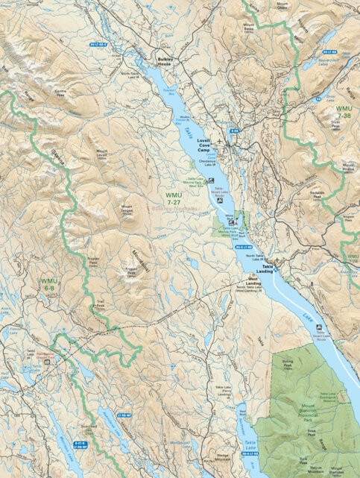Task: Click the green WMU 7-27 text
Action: click(x=174, y=198)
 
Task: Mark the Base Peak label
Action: click(x=312, y=432)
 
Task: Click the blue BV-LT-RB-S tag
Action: click(x=98, y=45)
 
